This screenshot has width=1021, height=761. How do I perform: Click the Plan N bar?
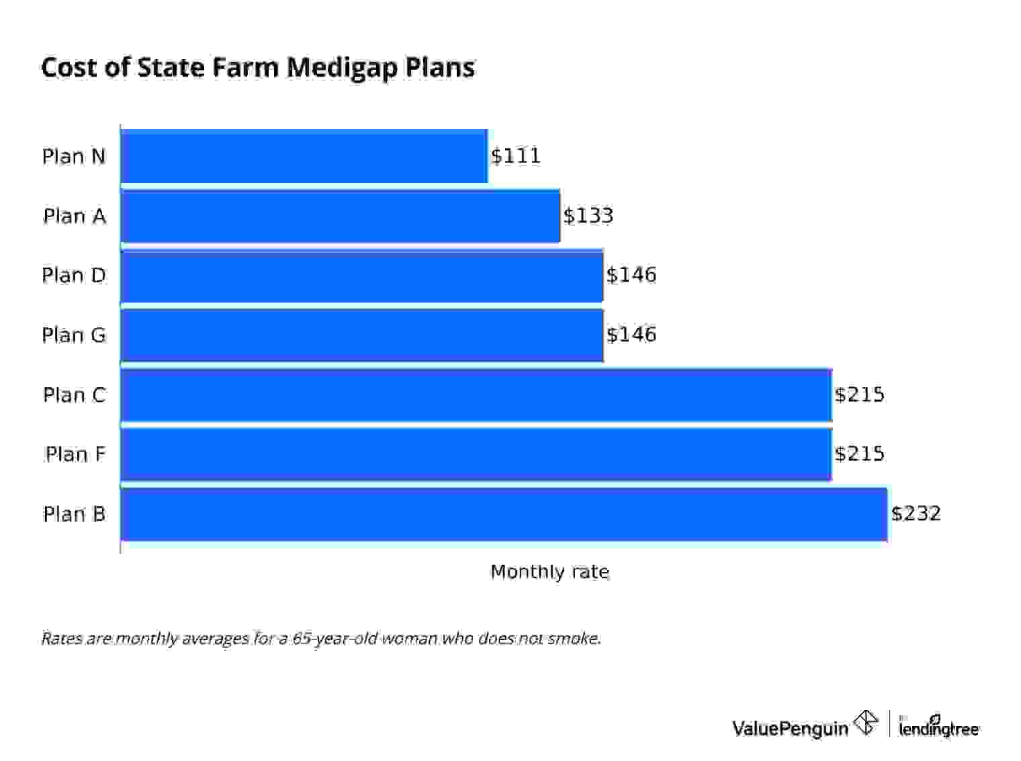[304, 156]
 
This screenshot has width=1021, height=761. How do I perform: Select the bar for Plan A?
[340, 216]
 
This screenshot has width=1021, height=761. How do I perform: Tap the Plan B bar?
[504, 514]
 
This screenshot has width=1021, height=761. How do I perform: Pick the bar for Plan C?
[476, 395]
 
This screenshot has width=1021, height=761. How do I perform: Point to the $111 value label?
[516, 156]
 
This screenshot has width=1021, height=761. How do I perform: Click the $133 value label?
[588, 216]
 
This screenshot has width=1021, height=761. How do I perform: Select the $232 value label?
[916, 514]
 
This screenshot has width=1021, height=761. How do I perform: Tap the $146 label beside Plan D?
[631, 275]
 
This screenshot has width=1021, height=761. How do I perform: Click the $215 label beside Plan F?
[860, 454]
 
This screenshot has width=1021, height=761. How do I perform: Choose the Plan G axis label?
[74, 335]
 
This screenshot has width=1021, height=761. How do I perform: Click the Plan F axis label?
[75, 454]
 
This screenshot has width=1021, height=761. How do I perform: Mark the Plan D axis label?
[74, 275]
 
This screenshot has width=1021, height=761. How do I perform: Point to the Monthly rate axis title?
[549, 572]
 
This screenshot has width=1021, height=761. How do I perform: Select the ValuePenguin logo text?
[790, 728]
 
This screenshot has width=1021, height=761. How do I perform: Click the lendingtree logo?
[939, 727]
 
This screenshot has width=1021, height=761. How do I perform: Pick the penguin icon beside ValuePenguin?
[866, 723]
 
